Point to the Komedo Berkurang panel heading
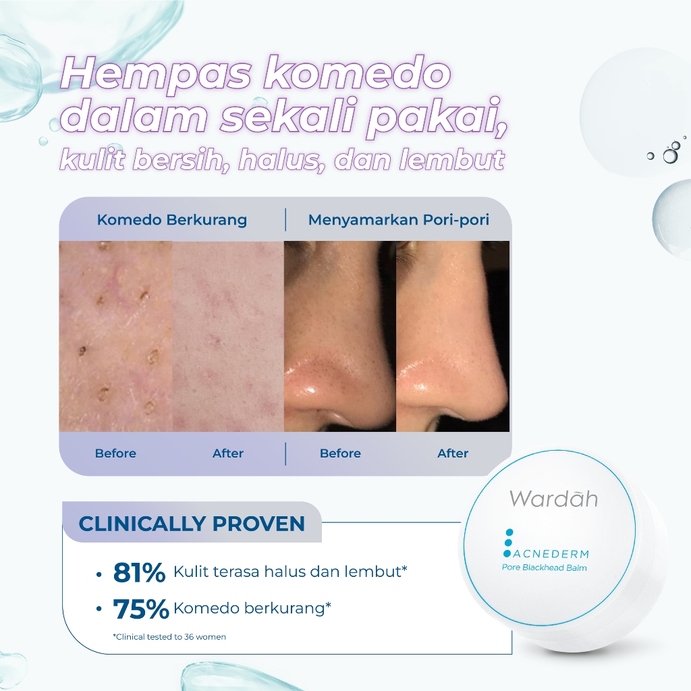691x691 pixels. click(172, 219)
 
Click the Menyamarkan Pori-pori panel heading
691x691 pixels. click(398, 219)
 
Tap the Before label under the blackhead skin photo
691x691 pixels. click(115, 453)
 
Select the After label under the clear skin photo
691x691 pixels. click(228, 453)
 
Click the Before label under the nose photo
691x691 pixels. click(340, 453)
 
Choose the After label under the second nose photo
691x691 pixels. click(453, 453)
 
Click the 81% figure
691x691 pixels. click(139, 572)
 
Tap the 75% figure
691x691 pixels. click(141, 609)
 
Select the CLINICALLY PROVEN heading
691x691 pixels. click(192, 524)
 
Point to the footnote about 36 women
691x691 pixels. click(169, 637)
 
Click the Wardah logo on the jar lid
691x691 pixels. click(553, 498)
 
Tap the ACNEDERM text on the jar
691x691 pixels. click(551, 554)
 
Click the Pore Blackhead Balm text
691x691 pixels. click(545, 568)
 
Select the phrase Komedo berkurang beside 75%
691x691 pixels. click(252, 608)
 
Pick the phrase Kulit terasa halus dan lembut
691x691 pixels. click(290, 572)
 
